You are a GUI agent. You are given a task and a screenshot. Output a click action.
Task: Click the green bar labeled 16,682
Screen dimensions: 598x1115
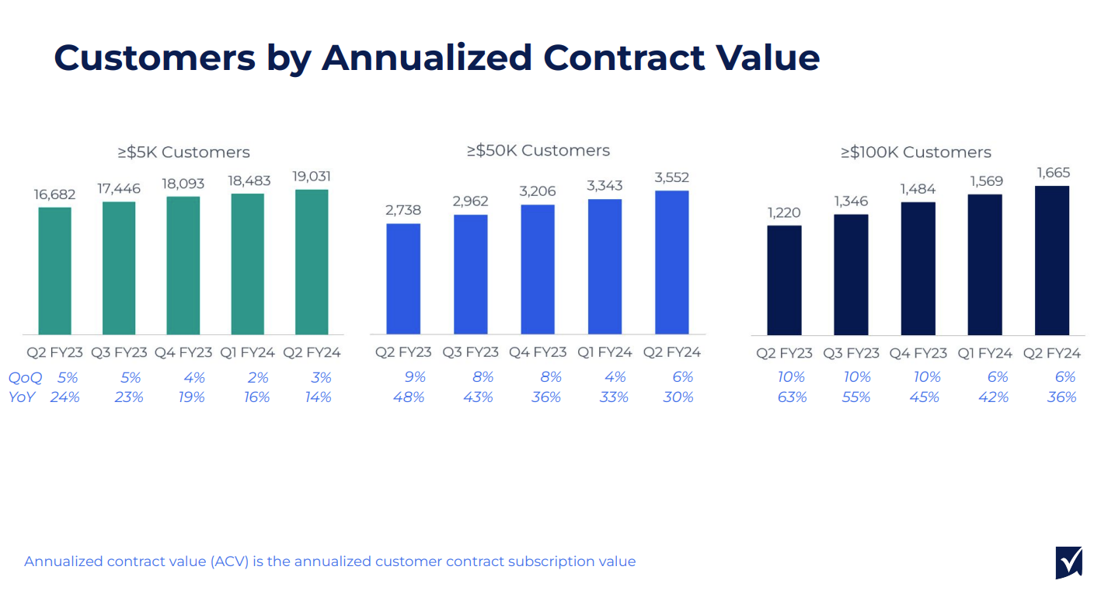click(55, 271)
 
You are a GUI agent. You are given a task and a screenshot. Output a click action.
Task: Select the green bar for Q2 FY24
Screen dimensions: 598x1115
click(312, 262)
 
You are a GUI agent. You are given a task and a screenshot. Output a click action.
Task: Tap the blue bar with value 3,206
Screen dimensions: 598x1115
click(538, 269)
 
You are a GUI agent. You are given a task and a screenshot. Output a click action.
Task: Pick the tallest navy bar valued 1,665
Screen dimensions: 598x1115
click(1052, 261)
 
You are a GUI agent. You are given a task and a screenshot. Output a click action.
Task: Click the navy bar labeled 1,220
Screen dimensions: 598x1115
click(784, 280)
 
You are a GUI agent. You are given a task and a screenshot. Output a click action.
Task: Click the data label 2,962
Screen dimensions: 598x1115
click(470, 201)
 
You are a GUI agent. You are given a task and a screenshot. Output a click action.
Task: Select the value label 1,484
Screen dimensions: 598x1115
click(918, 189)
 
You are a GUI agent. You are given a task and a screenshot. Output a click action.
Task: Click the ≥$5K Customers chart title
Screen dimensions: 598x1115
click(183, 152)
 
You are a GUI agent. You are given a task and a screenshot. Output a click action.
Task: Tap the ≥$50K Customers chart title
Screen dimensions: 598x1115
click(538, 150)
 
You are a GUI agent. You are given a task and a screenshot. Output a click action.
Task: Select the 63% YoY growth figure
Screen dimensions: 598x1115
click(792, 397)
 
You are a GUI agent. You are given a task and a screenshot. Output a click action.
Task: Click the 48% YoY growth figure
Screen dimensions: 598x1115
click(410, 397)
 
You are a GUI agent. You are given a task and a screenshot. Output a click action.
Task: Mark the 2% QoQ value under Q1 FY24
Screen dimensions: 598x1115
click(258, 377)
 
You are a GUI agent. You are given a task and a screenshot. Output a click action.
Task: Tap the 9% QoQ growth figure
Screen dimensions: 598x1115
click(415, 377)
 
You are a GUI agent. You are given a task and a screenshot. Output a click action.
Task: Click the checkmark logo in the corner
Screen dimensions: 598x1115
click(1069, 562)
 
